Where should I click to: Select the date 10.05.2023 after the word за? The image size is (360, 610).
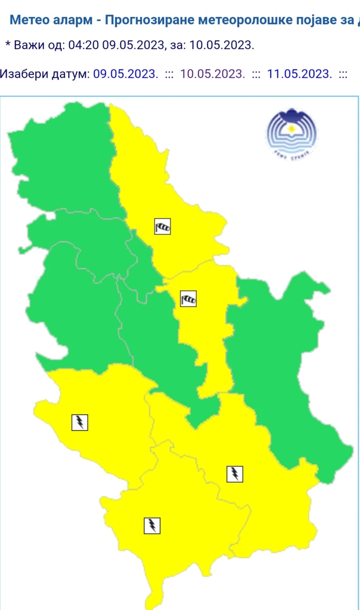click(x=221, y=45)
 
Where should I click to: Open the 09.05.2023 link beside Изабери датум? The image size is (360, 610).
click(x=126, y=74)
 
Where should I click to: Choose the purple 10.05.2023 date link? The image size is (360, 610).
click(x=213, y=74)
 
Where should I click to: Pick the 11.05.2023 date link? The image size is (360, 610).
click(x=299, y=74)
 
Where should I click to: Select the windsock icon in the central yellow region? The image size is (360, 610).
click(x=188, y=299)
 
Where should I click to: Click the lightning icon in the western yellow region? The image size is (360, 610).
click(x=80, y=422)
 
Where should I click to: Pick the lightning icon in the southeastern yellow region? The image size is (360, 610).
click(x=235, y=474)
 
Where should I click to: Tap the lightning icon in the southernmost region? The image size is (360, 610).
click(x=152, y=525)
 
